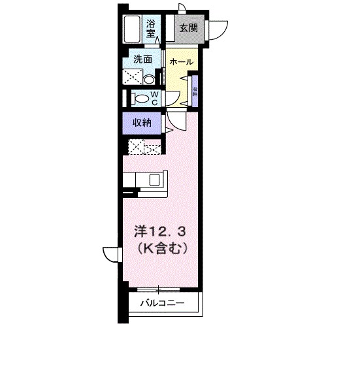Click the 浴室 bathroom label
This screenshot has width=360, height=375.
coord(151,27)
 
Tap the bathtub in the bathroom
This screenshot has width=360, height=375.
coord(133,29)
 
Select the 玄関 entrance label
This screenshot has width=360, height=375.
coord(189,28)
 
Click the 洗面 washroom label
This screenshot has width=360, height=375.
coord(143,59)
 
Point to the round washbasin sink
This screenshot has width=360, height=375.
coord(150,80)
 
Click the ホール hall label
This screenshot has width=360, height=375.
coord(180,61)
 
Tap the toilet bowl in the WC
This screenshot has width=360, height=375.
coord(140,99)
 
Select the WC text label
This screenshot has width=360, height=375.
coord(155,97)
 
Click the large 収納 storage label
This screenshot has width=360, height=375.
coord(144,122)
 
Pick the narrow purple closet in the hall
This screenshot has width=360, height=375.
coord(195,90)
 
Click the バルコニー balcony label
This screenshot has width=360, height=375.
coord(161,303)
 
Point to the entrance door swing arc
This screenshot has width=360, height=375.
coord(218,29)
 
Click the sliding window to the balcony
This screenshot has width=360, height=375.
coord(158,288)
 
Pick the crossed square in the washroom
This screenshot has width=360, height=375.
coord(134,77)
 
